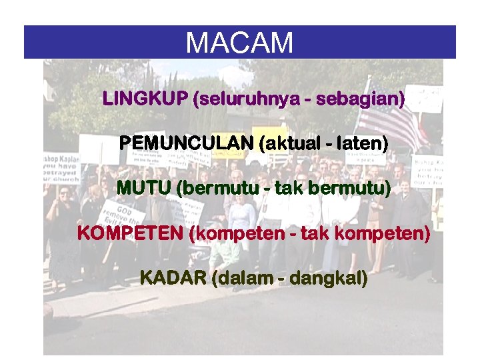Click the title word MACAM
[239, 43]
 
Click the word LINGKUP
[145, 99]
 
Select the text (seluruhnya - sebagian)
[298, 99]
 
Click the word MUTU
[143, 188]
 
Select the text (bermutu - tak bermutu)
[283, 188]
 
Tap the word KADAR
[173, 278]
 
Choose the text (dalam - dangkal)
[289, 278]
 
